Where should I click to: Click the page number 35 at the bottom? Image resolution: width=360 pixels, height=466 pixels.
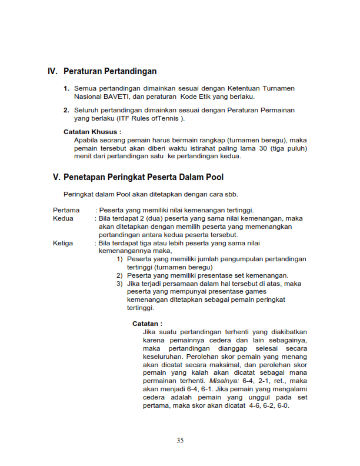click(180, 440)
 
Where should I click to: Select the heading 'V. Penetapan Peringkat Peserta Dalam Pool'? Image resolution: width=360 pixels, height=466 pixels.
click(138, 177)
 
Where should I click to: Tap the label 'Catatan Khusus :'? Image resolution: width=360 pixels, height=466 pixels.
click(92, 132)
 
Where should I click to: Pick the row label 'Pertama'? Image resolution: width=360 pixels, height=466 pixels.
click(66, 210)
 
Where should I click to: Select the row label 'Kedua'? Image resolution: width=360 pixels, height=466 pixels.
click(63, 218)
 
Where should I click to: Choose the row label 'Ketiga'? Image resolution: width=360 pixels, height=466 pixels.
click(63, 242)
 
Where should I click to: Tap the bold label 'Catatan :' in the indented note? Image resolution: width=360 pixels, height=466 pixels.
click(147, 324)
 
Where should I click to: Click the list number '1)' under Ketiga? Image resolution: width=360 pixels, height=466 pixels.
click(119, 259)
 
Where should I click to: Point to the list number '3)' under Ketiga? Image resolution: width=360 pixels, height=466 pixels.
click(119, 283)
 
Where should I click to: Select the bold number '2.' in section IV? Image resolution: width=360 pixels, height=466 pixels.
click(66, 110)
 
